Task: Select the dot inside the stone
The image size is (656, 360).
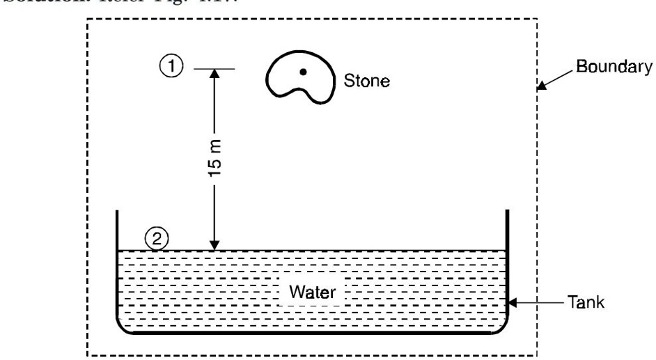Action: (x=303, y=72)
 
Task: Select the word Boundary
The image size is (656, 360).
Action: (x=613, y=68)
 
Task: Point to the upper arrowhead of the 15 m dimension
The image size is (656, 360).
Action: (x=214, y=73)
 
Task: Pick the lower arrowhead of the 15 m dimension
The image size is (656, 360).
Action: (x=214, y=245)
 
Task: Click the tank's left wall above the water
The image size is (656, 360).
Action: (x=116, y=230)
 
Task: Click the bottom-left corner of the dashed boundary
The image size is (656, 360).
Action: (x=87, y=355)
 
